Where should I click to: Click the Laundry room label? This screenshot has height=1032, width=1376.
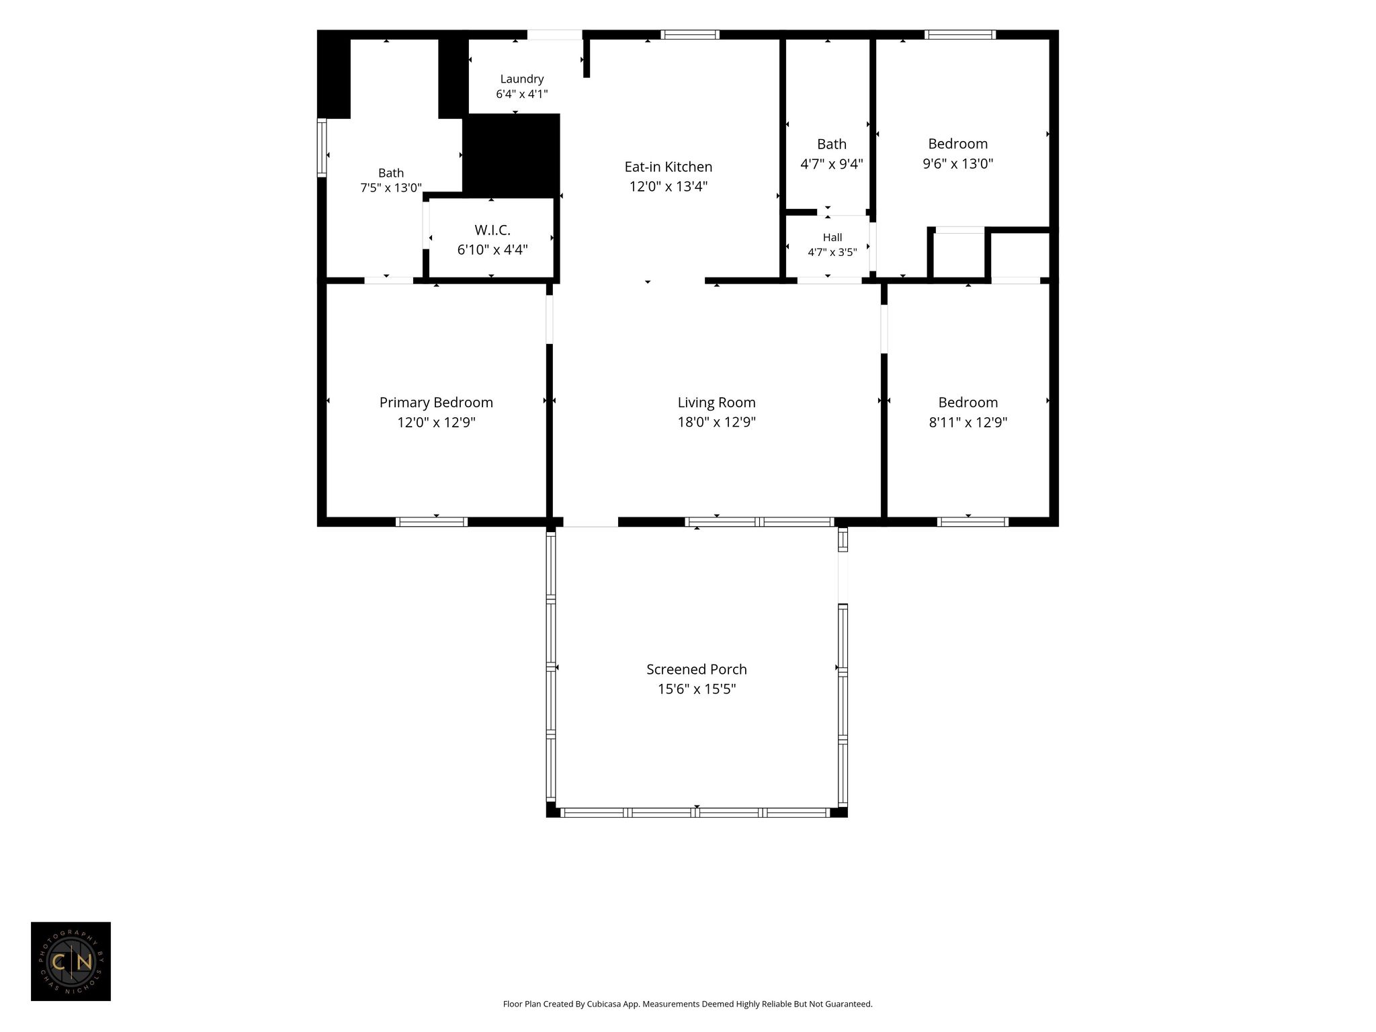[522, 79]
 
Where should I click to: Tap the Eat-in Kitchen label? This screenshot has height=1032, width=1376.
[669, 167]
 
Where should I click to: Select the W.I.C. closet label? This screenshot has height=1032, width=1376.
[492, 230]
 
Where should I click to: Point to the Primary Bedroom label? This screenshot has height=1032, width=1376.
[436, 402]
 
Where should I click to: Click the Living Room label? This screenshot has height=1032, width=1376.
[716, 402]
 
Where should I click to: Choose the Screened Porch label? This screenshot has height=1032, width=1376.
[697, 669]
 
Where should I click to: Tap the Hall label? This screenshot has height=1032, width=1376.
[832, 237]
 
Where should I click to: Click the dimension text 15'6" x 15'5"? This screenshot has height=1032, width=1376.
[697, 689]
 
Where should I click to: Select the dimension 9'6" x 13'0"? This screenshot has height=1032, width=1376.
[958, 163]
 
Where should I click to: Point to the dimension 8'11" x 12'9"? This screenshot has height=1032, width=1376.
[968, 423]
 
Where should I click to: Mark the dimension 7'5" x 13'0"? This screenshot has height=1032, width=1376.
[391, 188]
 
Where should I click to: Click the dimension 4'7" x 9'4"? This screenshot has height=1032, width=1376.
[832, 164]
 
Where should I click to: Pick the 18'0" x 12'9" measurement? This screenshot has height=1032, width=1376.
[716, 423]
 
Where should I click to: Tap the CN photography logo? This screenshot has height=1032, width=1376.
[71, 961]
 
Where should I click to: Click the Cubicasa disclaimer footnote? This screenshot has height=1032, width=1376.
[687, 1004]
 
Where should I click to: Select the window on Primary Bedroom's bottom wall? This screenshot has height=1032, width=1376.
[431, 522]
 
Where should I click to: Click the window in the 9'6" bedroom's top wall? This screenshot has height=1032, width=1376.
[960, 35]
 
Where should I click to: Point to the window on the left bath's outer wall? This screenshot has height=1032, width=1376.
[322, 148]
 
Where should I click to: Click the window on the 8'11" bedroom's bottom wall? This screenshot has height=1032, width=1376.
[973, 522]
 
